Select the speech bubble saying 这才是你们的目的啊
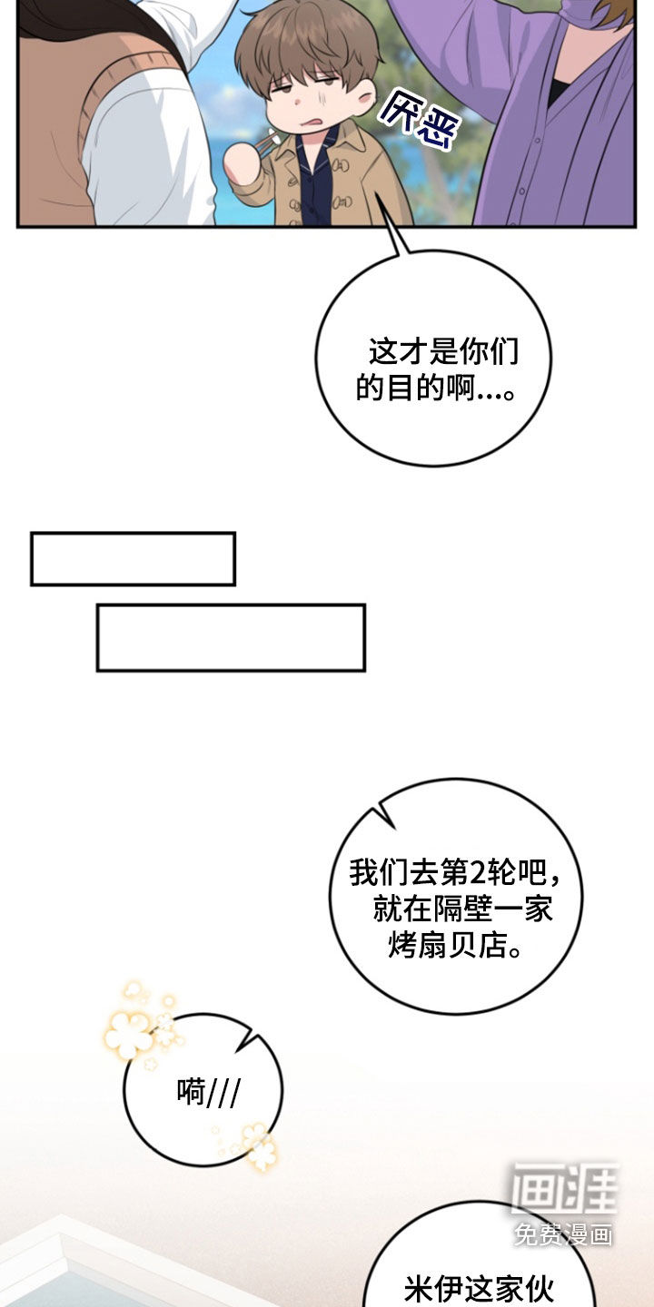[434, 356]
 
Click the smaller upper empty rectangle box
[134, 558]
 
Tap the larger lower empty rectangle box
[232, 638]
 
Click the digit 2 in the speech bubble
[477, 873]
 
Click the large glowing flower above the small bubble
[128, 1032]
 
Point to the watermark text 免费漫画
[564, 1234]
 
